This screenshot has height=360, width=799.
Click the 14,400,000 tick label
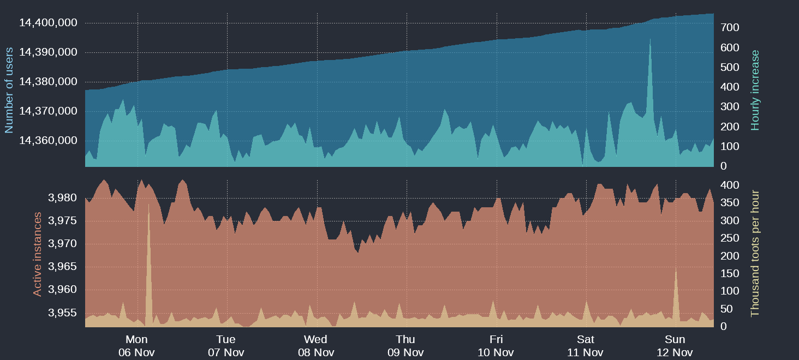click(x=48, y=23)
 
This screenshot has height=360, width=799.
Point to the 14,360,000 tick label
click(x=48, y=141)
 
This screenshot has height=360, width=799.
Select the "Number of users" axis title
click(x=9, y=90)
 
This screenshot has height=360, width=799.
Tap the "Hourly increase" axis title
click(x=755, y=90)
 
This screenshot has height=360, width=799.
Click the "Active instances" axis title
click(x=38, y=254)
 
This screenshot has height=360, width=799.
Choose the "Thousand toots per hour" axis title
click(x=755, y=253)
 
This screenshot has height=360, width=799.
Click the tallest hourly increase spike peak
click(x=650, y=39)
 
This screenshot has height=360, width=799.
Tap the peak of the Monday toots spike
click(x=148, y=205)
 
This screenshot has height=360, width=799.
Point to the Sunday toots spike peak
click(x=676, y=268)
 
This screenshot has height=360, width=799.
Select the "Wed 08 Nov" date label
click(x=316, y=346)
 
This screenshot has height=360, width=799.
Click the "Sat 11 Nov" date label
click(x=585, y=346)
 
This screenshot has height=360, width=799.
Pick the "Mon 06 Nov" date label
click(x=136, y=346)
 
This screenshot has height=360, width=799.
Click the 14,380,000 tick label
click(x=48, y=82)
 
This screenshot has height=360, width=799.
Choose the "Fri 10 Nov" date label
click(x=496, y=346)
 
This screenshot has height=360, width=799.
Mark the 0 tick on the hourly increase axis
click(x=724, y=166)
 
